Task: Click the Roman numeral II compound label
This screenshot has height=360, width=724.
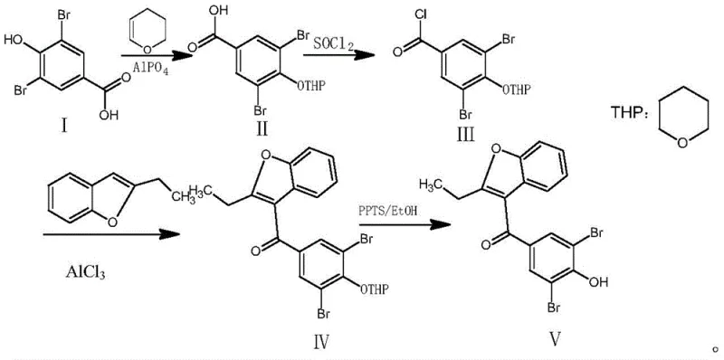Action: [261, 128]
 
